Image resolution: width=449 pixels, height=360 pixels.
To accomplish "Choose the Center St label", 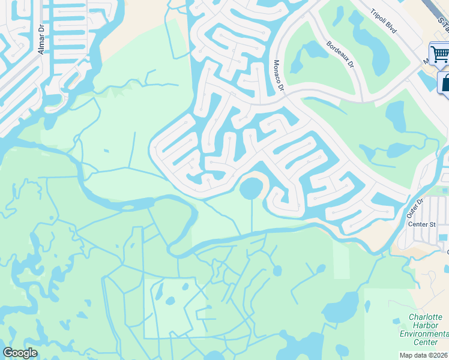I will pyautogui.click(x=421, y=224).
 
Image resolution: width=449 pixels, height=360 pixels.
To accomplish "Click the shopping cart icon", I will pyautogui.click(x=440, y=54).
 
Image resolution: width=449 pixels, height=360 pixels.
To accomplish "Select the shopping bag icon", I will pyautogui.click(x=445, y=83).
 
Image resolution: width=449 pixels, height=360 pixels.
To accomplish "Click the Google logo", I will pyautogui.click(x=20, y=353).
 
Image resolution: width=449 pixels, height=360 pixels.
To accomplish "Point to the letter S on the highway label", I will pyautogui.click(x=441, y=22).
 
